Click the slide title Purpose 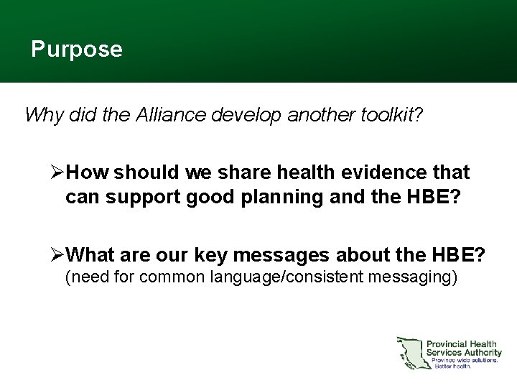click(77, 50)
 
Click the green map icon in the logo click(409, 352)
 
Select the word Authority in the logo click(480, 352)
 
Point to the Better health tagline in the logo click(452, 366)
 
